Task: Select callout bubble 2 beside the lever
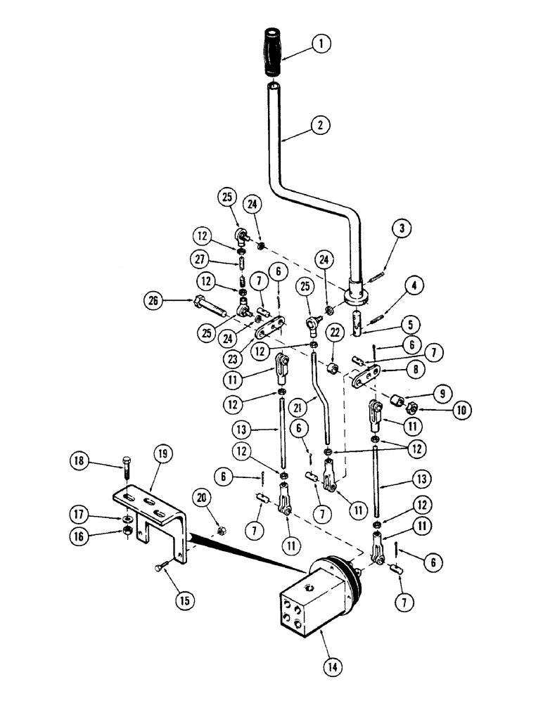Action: pyautogui.click(x=321, y=127)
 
